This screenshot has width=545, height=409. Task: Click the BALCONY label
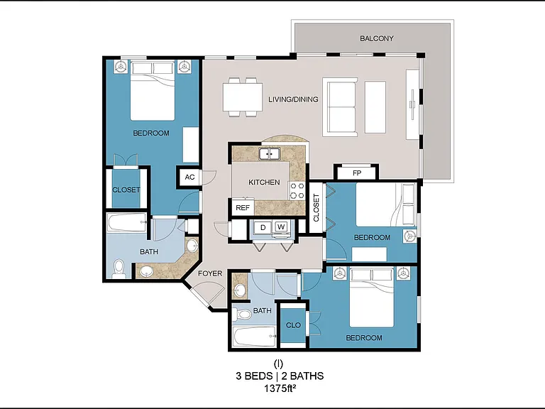click(376, 38)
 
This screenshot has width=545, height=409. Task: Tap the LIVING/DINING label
click(293, 99)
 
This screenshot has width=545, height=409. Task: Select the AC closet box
click(189, 178)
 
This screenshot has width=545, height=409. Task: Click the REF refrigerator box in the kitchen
click(243, 207)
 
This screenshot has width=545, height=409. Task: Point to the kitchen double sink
click(270, 153)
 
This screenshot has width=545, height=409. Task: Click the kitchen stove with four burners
click(297, 191)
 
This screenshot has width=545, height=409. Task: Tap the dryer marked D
click(263, 228)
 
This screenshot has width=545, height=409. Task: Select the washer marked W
click(281, 227)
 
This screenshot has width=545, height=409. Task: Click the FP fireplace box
click(356, 173)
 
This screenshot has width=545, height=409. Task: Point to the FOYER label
click(210, 273)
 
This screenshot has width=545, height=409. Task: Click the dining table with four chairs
click(242, 97)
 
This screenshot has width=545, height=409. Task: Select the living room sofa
click(340, 107)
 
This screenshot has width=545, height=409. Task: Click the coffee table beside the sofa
click(375, 107)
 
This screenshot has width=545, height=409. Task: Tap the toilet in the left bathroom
click(119, 269)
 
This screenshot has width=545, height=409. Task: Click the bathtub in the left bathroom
click(126, 222)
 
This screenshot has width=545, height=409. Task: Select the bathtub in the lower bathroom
click(255, 337)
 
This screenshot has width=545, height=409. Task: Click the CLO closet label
click(293, 325)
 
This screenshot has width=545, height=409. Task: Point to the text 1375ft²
click(280, 388)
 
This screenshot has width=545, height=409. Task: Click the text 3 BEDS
click(254, 376)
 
